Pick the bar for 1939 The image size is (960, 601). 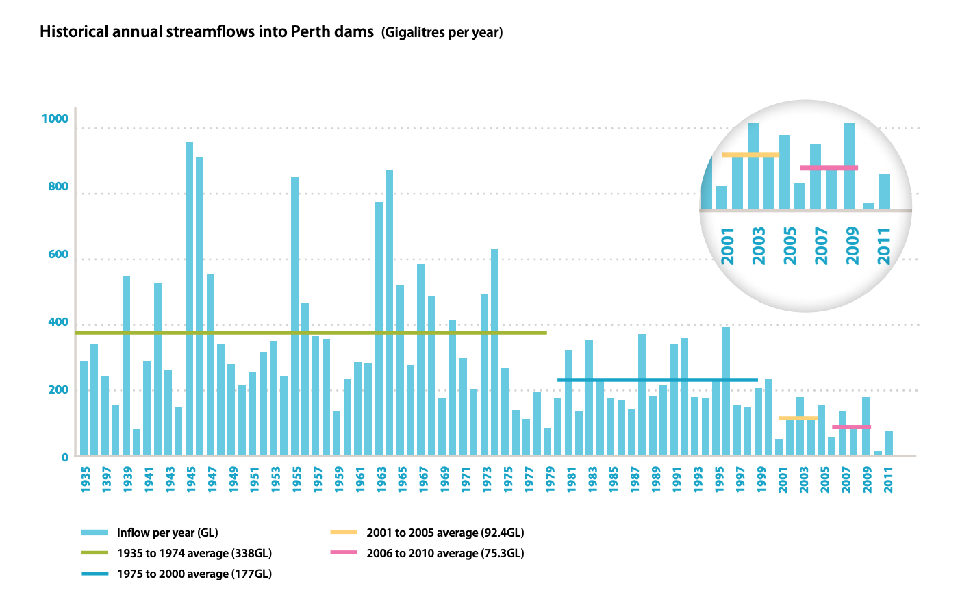click(126, 366)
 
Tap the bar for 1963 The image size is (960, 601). click(379, 329)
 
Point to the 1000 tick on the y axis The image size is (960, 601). click(55, 119)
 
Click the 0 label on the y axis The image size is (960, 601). click(65, 457)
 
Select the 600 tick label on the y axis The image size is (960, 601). click(58, 255)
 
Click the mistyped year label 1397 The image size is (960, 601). click(106, 478)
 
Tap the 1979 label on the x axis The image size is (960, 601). click(551, 478)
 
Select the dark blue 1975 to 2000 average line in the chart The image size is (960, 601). click(657, 379)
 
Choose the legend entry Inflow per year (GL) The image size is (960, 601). click(167, 533)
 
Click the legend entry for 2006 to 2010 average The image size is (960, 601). click(445, 553)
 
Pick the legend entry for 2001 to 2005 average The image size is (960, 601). click(445, 533)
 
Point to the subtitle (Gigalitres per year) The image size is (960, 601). click(442, 32)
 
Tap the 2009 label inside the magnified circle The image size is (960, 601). click(852, 246)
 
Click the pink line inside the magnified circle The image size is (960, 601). click(829, 168)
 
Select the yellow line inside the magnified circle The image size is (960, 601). click(750, 155)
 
